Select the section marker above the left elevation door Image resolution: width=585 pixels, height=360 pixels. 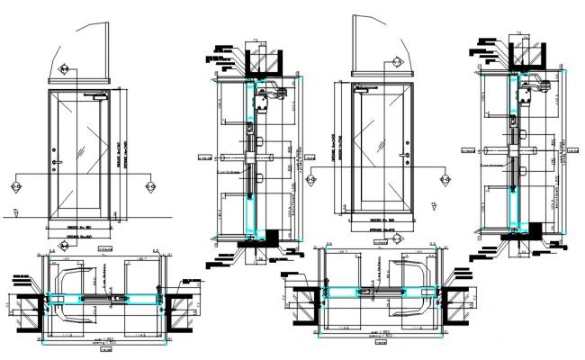point(64,69)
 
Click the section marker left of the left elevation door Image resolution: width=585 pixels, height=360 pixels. point(16,187)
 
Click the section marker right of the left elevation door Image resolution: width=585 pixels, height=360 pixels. point(149,187)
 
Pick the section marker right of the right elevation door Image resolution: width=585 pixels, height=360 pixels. point(444,180)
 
